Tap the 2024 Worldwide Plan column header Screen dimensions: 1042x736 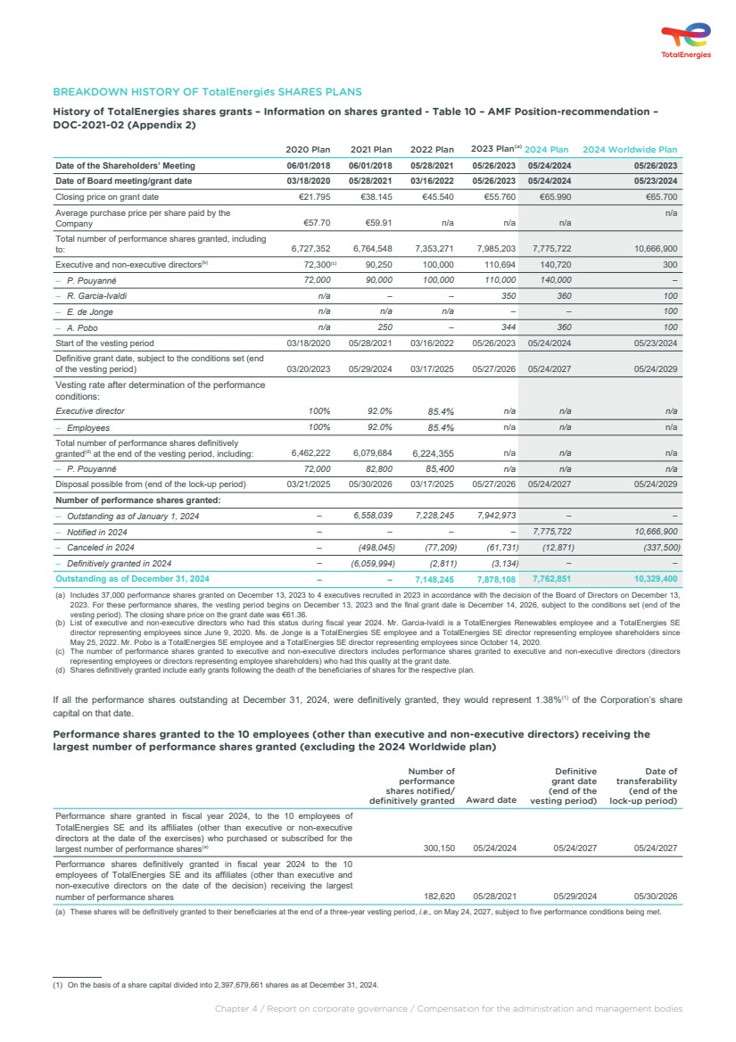point(630,150)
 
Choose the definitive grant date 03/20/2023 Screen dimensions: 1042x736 point(308,368)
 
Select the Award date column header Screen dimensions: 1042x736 point(492,800)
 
